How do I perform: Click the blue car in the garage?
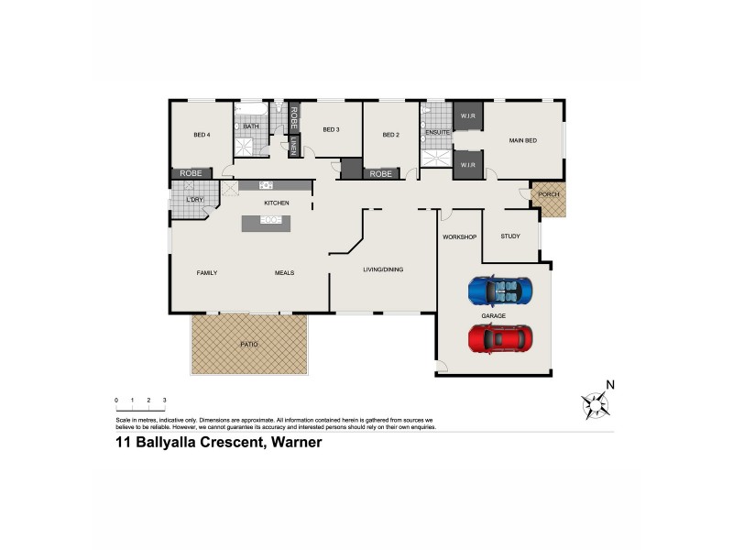(x=499, y=291)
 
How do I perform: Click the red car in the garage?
(x=500, y=339)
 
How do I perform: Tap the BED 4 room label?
(x=202, y=135)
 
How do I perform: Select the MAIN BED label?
(x=522, y=140)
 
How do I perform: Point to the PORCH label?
(x=549, y=194)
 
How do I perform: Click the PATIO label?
(x=248, y=345)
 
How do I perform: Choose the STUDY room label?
(x=510, y=236)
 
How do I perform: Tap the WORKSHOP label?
(x=460, y=237)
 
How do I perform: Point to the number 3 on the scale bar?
(x=164, y=401)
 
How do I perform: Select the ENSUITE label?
(x=437, y=133)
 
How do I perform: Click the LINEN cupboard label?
(x=294, y=146)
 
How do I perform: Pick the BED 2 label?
(x=391, y=135)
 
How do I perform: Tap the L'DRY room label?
(x=194, y=200)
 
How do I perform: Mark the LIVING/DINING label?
(x=383, y=269)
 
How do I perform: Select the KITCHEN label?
(x=277, y=203)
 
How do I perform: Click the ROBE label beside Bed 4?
(x=191, y=173)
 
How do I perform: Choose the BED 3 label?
(x=331, y=129)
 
